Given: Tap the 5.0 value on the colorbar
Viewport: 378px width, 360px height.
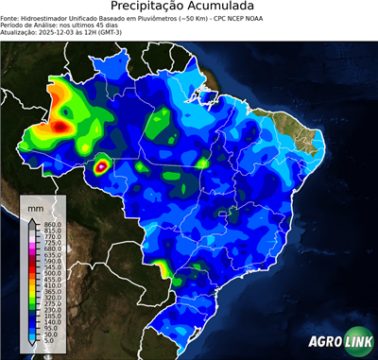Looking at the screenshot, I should point(50,342).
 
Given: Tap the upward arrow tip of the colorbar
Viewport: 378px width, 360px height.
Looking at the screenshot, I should point(32,217).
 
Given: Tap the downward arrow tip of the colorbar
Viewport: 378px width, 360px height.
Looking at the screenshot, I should point(32,348).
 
